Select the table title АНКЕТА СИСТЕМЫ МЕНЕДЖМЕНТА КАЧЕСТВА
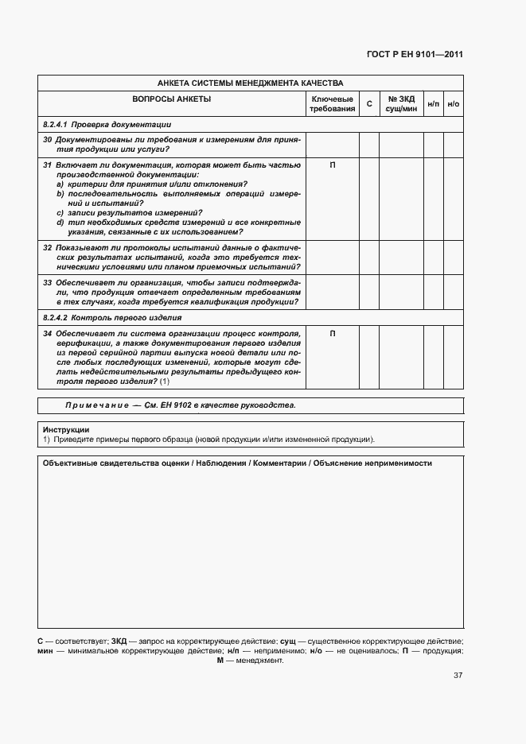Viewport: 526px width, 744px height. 250,83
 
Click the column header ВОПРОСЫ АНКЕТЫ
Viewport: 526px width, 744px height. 171,99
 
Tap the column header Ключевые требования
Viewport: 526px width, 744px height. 332,103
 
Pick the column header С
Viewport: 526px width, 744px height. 368,104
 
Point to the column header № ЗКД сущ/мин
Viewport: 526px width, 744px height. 401,103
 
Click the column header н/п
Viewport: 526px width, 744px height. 433,104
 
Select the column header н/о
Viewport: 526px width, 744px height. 453,104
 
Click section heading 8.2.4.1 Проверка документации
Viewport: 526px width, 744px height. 107,125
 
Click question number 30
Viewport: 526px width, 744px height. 48,140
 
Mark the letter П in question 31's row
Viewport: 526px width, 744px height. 332,166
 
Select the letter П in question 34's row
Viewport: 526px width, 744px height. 332,334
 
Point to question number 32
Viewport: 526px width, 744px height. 48,248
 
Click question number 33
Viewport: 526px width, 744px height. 48,282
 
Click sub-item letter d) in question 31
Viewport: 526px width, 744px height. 60,223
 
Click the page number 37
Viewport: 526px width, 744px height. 458,676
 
